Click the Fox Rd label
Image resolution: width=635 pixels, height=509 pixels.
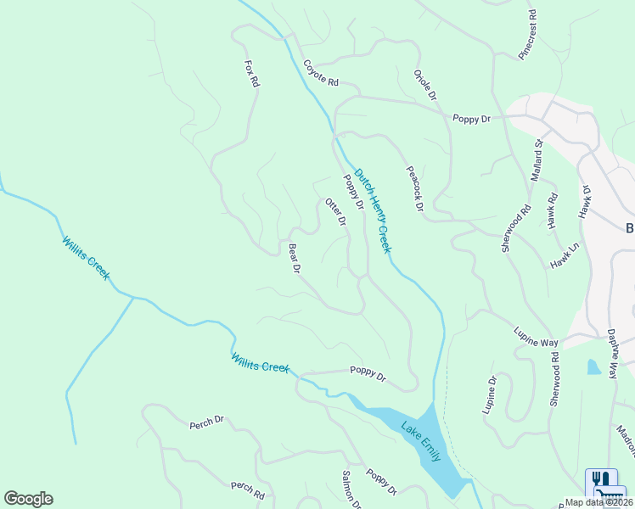click(250, 75)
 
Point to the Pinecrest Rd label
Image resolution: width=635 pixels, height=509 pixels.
click(528, 35)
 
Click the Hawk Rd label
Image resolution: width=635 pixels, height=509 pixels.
click(553, 210)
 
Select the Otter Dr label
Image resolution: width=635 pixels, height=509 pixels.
click(336, 212)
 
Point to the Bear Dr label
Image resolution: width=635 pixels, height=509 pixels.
click(295, 259)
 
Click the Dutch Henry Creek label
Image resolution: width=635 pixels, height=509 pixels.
click(372, 210)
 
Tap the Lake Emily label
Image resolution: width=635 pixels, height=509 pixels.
click(421, 440)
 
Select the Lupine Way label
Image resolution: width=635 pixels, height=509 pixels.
click(536, 336)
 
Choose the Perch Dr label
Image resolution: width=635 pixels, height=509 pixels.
click(206, 421)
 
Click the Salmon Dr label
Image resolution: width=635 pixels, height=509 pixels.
click(351, 489)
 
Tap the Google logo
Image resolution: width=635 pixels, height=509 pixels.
click(28, 499)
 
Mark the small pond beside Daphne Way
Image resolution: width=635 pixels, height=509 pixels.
click(593, 366)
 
